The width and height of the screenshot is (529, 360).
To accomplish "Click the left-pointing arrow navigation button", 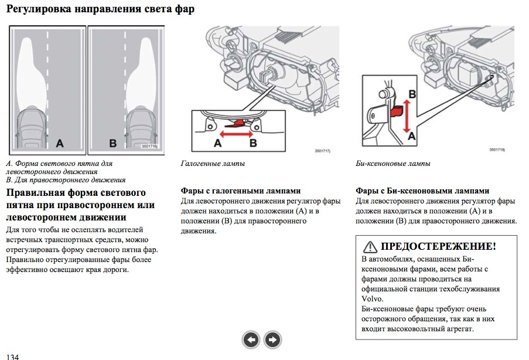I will tap(251, 339).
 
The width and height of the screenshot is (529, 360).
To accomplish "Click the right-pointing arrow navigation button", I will tap(272, 339).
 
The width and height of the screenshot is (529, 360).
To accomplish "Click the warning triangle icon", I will tap(370, 247).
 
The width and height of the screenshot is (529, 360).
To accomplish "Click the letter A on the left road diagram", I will tap(59, 142).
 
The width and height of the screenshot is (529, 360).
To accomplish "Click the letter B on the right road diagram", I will tap(112, 142).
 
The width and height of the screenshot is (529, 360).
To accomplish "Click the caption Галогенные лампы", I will tap(213, 164).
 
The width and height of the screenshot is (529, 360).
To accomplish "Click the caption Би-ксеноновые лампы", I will tap(393, 164).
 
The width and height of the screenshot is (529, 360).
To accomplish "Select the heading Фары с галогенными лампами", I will tap(241, 191).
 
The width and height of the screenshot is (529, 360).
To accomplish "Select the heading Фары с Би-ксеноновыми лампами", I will tap(422, 191).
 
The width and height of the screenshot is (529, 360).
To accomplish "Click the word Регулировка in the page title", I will tap(39, 9).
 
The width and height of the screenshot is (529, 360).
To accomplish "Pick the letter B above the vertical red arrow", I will tap(412, 94).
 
